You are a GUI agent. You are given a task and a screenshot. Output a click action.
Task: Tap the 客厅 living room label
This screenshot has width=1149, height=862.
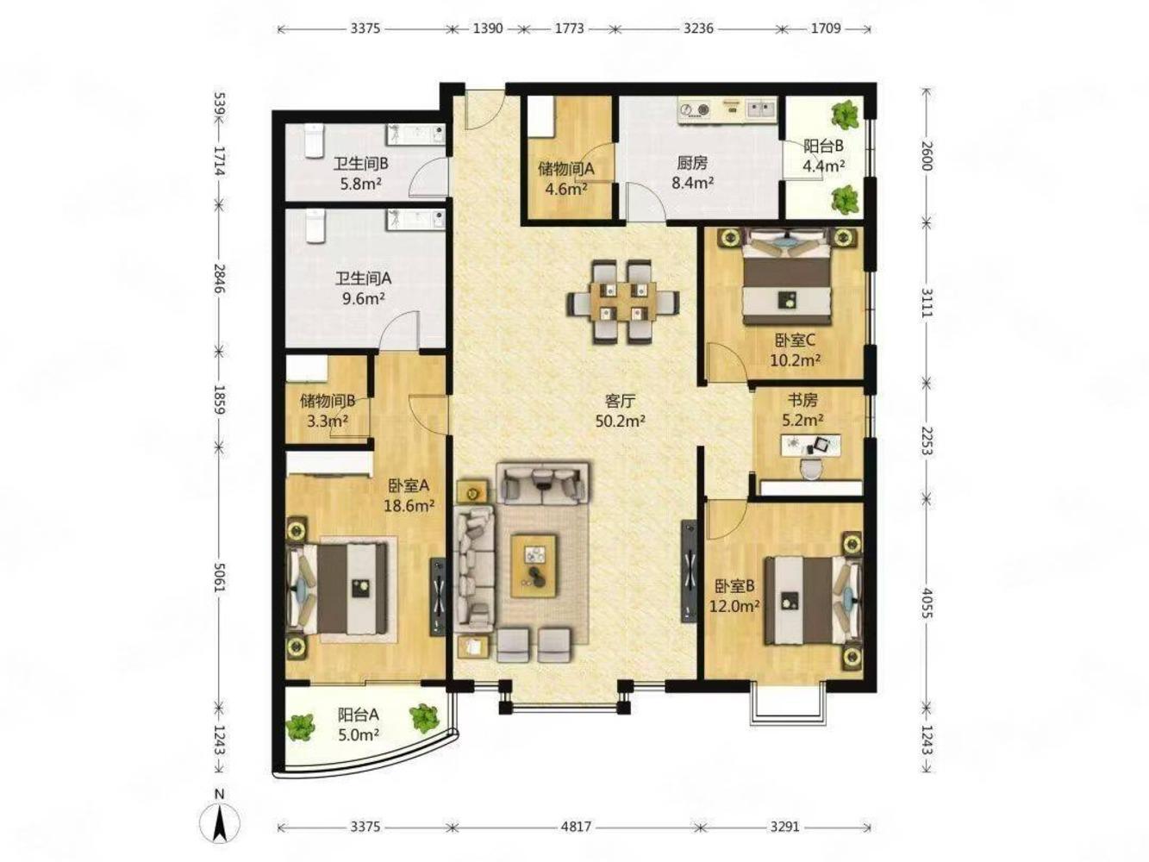pyautogui.click(x=620, y=402)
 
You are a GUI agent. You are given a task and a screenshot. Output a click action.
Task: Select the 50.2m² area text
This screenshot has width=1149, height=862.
pyautogui.click(x=620, y=421)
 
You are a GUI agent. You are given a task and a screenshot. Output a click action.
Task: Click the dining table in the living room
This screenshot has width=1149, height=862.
pyautogui.click(x=623, y=303)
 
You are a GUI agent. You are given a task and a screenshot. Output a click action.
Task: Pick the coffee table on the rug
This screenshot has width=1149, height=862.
pyautogui.click(x=534, y=565)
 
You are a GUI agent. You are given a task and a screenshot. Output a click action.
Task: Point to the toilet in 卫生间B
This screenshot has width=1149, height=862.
pyautogui.click(x=313, y=141)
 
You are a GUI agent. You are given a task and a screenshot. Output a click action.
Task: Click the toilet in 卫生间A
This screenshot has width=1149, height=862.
pyautogui.click(x=314, y=226)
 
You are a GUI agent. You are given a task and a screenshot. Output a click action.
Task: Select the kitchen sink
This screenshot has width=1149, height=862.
pyautogui.click(x=760, y=110)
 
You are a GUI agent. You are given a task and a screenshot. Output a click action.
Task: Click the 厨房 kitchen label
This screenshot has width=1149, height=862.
pyautogui.click(x=692, y=164)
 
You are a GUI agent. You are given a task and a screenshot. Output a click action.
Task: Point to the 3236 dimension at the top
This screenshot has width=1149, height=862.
pyautogui.click(x=698, y=28)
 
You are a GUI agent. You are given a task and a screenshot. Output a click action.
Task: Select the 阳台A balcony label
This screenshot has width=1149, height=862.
pyautogui.click(x=358, y=715)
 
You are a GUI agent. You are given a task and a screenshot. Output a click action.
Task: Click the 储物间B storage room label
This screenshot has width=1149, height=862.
pyautogui.click(x=328, y=401)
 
